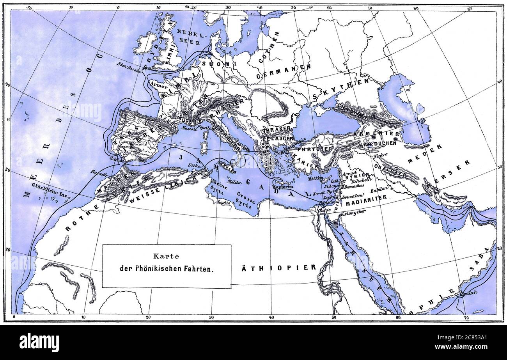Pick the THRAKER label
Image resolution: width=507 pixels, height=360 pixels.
pos(276,129)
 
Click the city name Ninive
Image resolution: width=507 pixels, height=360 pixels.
pos(380,155)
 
